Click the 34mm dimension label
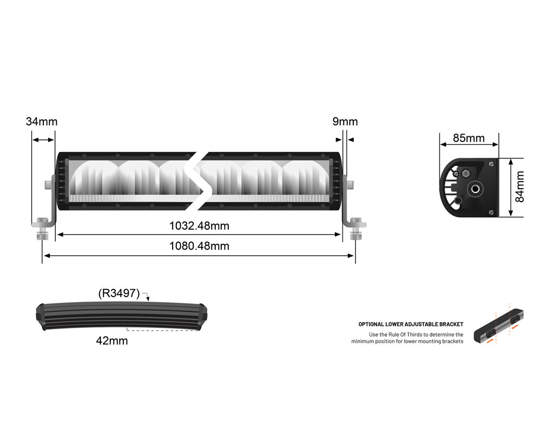[x=41, y=122]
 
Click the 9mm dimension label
[x=345, y=122]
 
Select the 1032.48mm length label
[x=199, y=225]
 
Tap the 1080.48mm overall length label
[x=199, y=246]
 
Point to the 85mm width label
[x=469, y=138]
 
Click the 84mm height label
[x=520, y=187]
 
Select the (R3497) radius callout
[x=119, y=293]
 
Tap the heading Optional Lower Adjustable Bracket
[x=411, y=324]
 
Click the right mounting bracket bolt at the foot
[x=355, y=227]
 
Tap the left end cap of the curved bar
[x=40, y=316]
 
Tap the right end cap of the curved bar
[x=203, y=316]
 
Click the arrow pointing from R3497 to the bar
[x=146, y=295]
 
